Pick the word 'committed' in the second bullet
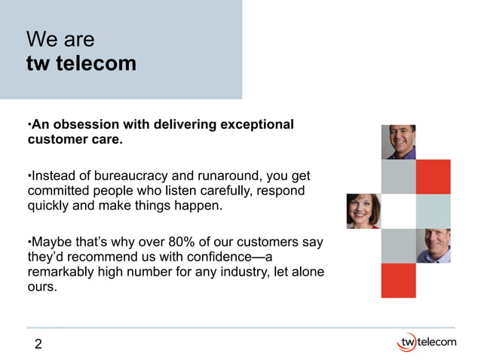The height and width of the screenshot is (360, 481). coord(58,190)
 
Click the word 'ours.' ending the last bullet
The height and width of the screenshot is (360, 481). coord(42,286)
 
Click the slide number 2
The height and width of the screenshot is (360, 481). coord(38,345)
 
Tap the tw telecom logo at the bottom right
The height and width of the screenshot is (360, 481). coord(426,343)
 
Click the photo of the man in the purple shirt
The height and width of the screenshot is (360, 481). coord(398,142)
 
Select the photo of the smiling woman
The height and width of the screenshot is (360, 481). coord(363,211)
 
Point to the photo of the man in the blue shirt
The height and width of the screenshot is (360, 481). coord(433,246)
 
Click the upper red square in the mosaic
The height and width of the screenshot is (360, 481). coord(433,177)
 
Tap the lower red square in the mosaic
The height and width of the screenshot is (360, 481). coord(398,280)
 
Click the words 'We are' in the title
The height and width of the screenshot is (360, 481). coord(60,39)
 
